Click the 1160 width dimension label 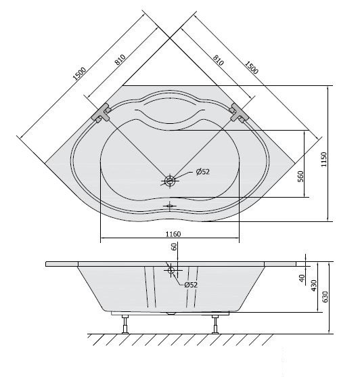173,234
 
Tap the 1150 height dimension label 324,159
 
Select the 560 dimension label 300,176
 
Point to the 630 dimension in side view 325,296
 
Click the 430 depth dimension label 314,286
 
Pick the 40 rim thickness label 302,278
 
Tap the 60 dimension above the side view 174,246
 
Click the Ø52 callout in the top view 202,172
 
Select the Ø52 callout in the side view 191,285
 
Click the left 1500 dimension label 79,74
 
